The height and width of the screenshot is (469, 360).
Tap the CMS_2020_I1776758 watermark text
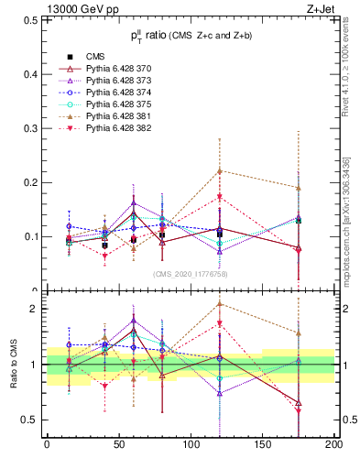190,273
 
